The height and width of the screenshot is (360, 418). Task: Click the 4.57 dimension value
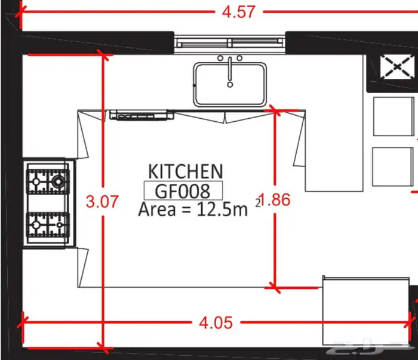239,13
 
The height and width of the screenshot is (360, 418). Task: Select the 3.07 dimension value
102,201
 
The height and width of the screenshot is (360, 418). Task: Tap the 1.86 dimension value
275,200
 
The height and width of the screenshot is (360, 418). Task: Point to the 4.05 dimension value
216,323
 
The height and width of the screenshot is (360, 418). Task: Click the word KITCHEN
186,171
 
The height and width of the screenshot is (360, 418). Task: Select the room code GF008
183,191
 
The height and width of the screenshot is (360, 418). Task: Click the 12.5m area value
222,209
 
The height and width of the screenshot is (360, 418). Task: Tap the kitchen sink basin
230,84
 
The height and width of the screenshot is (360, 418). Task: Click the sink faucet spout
230,72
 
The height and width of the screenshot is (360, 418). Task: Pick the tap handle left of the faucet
220,58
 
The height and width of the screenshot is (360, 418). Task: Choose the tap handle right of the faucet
239,58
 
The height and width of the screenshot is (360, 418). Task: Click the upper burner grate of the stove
48,181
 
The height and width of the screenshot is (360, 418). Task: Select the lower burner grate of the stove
48,225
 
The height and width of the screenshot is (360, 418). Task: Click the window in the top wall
230,42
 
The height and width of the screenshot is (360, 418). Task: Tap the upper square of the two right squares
394,116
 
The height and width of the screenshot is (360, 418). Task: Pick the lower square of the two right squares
393,167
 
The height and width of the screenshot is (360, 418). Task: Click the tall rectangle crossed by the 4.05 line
366,311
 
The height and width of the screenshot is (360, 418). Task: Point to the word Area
157,209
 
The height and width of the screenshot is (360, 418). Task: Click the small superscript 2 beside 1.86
258,203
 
